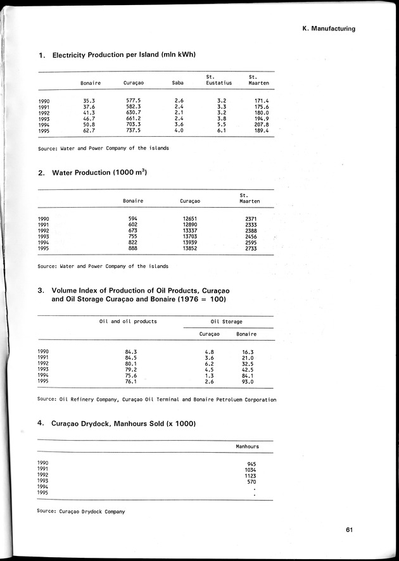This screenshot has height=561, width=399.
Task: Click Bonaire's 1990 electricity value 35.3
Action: click(x=89, y=101)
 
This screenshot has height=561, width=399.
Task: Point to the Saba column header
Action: click(x=178, y=83)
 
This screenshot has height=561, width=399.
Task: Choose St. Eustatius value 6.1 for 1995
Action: click(x=221, y=130)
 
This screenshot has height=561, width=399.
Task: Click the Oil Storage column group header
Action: click(x=226, y=322)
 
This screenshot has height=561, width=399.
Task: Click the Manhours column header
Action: click(x=247, y=446)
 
